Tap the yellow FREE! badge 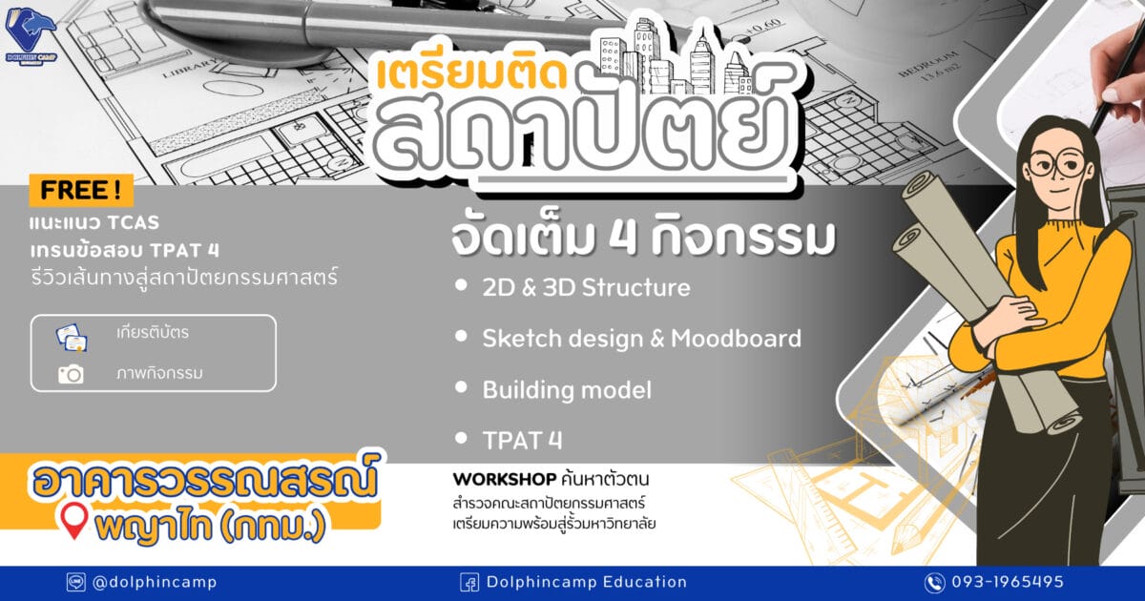81,190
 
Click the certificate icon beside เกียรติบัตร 72,338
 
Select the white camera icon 71,374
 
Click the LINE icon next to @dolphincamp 75,582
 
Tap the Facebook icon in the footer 468,583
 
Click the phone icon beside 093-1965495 934,583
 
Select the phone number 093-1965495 1008,582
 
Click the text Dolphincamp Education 586,582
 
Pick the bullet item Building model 567,390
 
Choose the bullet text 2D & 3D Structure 586,287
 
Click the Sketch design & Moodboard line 641,339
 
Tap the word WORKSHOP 505,479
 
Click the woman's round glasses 1056,164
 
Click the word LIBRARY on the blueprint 190,69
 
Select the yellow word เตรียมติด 472,74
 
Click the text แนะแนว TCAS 94,223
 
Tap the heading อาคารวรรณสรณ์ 204,482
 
